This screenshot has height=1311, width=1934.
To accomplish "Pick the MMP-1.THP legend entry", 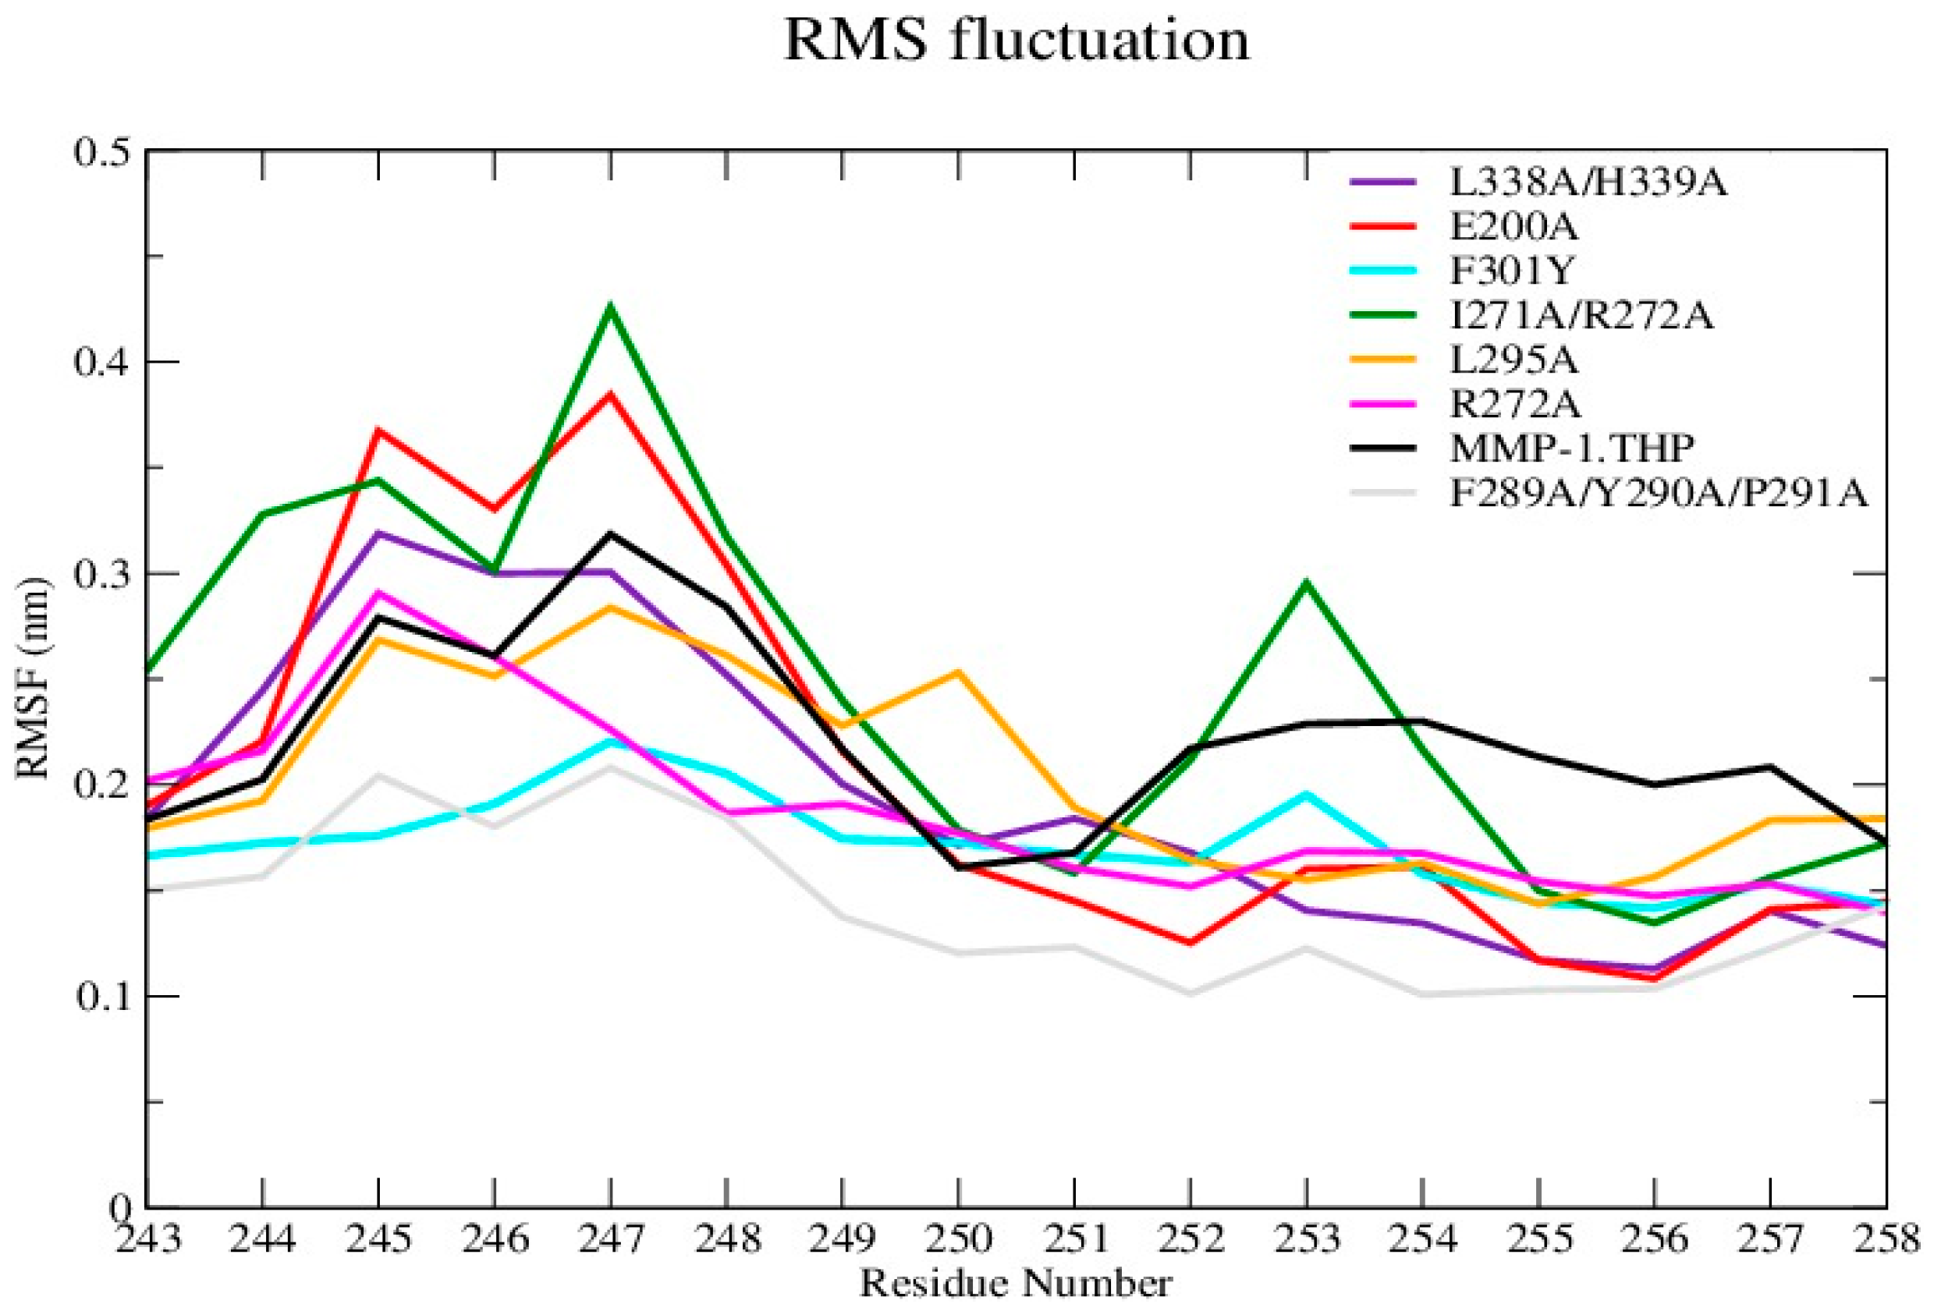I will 1571,449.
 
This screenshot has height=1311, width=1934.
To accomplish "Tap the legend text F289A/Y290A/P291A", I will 1658,494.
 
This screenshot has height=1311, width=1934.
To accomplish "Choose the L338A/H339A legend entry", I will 1588,182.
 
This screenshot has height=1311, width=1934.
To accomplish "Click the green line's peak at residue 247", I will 611,306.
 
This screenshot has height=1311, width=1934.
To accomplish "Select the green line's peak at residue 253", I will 1307,583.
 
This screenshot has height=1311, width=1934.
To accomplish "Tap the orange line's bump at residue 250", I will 959,671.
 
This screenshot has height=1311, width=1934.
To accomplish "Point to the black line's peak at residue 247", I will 611,533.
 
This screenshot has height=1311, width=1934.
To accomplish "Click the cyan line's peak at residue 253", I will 1307,794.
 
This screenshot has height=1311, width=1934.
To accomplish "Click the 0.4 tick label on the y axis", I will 97,363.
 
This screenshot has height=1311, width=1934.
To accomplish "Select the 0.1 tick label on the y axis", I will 97,996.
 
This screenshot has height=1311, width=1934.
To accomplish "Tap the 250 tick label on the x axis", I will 959,1239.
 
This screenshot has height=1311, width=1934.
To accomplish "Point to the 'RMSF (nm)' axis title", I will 34,678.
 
